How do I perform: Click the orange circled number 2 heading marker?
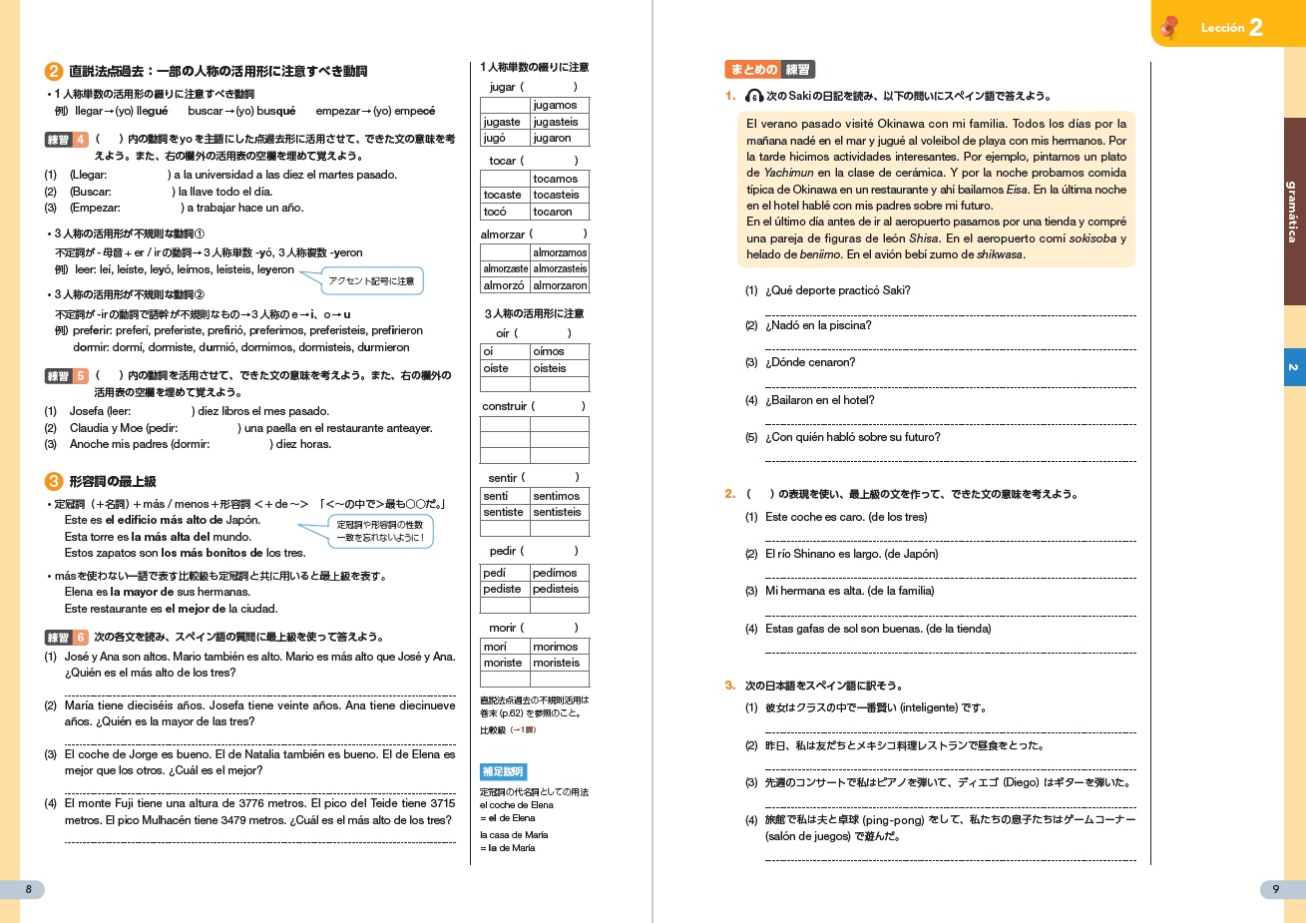tap(54, 72)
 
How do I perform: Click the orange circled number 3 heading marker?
tap(54, 481)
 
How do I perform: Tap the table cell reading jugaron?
tap(559, 138)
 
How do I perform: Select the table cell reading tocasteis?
tap(559, 195)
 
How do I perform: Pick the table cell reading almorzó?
tap(504, 285)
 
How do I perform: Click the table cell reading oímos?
tap(559, 351)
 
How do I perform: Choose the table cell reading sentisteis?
tap(559, 512)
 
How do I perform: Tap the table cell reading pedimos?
tap(559, 573)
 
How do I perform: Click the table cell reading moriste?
tap(504, 663)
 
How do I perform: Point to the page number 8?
tap(28, 889)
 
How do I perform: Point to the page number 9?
tap(1275, 889)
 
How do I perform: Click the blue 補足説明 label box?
tap(503, 771)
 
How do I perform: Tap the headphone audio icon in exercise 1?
tap(754, 96)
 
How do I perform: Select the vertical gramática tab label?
tap(1293, 212)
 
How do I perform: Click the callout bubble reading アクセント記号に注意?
tap(371, 281)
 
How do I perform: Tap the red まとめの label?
tap(752, 70)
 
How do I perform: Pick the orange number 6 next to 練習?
tap(81, 637)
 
